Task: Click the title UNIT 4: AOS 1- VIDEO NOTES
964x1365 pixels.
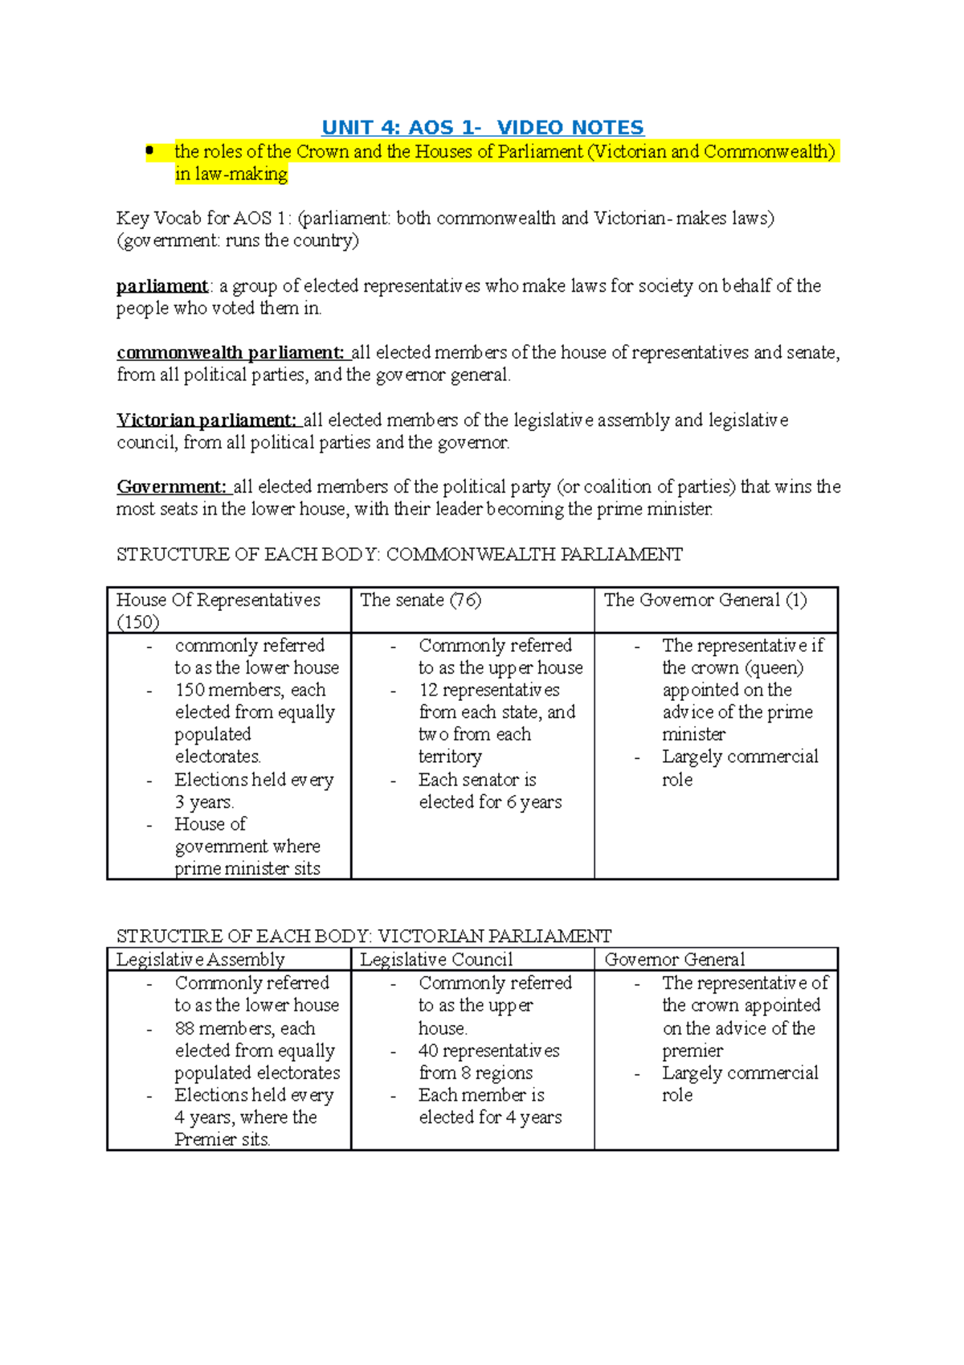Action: [x=482, y=127]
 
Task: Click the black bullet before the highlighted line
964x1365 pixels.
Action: [x=149, y=150]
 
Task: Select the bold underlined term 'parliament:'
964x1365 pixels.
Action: [x=162, y=286]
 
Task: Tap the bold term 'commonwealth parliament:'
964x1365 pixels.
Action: [x=231, y=353]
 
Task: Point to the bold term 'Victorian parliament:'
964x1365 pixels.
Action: [x=206, y=420]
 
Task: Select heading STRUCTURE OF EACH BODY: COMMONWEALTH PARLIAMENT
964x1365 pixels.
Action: [x=399, y=555]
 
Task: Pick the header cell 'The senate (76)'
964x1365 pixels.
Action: [x=419, y=601]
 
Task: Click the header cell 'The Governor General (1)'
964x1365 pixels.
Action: [x=705, y=601]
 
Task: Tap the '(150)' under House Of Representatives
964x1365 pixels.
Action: [x=137, y=622]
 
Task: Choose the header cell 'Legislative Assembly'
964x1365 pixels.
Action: [x=200, y=960]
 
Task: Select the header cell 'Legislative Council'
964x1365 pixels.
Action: [x=435, y=960]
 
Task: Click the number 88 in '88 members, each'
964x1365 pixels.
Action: [x=184, y=1029]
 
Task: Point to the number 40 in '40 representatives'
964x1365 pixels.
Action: [x=428, y=1051]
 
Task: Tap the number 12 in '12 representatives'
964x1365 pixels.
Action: [x=428, y=691]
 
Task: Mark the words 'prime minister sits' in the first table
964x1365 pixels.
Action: [x=247, y=869]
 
